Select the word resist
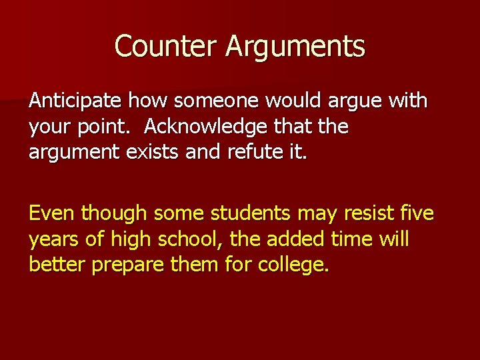(x=365, y=213)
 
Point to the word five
(x=417, y=213)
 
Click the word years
(x=52, y=239)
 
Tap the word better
(x=57, y=264)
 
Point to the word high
(x=129, y=239)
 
